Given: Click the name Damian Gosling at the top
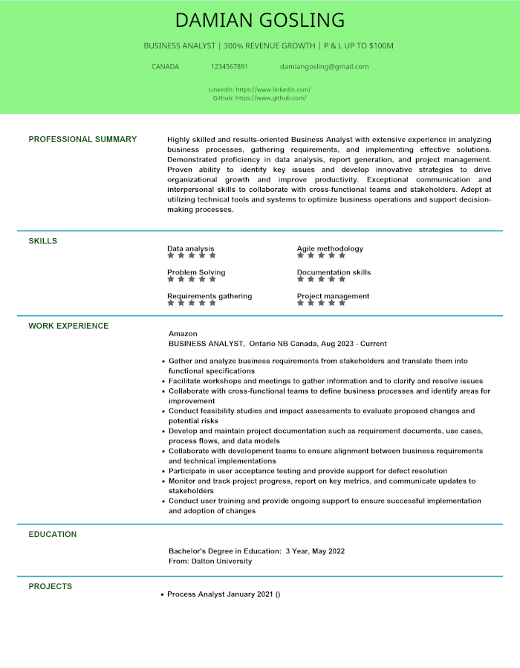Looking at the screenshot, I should pos(260,20).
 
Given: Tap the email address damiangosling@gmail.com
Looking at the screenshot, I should pos(324,66).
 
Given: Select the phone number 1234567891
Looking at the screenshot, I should pos(229,66).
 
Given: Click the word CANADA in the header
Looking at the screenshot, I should pos(165,66).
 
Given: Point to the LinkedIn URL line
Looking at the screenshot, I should pos(259,89).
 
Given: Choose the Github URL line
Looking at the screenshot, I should pos(259,97).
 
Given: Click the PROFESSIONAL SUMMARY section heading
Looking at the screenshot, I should pos(82,139).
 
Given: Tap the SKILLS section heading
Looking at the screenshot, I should pos(43,241).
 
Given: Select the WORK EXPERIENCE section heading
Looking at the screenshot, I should pos(68,326).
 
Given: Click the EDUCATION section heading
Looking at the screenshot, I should pos(53,534).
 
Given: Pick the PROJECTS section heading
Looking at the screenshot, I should pos(51,586).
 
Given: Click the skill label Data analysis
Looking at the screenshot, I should pos(190,248).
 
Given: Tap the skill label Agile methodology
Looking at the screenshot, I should pos(330,248).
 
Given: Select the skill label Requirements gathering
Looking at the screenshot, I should pos(209,296).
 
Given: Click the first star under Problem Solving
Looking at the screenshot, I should pos(171,280).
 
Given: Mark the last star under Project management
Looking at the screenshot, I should pos(342,304).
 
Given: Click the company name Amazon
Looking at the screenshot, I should pos(183,333).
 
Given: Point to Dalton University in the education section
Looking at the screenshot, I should pos(221,561).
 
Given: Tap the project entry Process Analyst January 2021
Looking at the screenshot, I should pos(220,594).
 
